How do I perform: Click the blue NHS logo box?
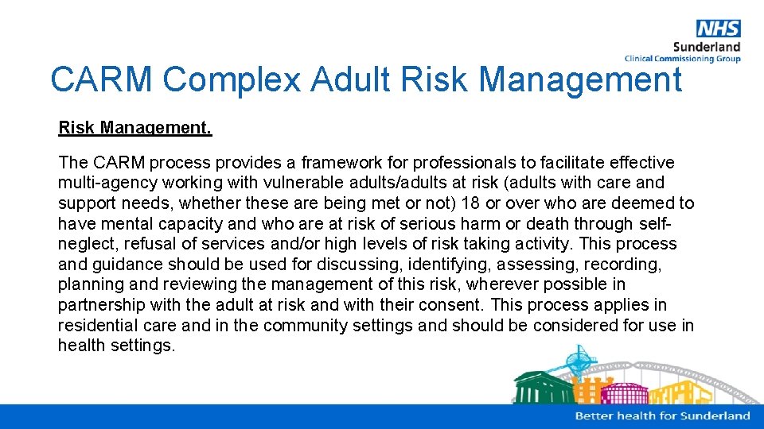tap(718, 29)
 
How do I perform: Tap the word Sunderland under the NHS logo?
tap(707, 47)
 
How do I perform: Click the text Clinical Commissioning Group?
tap(683, 59)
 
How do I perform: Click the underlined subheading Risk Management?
tap(134, 127)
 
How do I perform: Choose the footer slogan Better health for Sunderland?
tap(662, 415)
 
